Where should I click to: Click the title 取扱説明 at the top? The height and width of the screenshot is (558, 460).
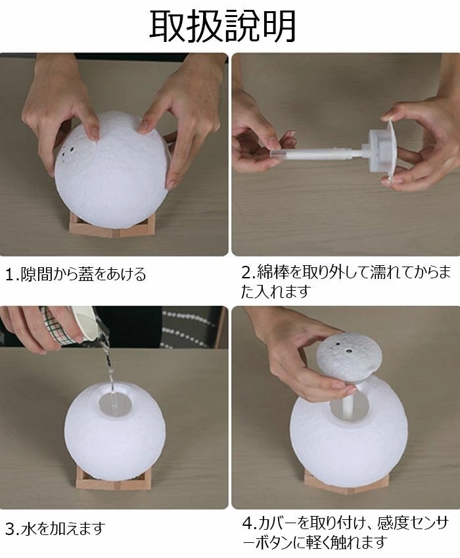(x=223, y=26)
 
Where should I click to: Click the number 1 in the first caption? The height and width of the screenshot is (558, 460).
(x=10, y=274)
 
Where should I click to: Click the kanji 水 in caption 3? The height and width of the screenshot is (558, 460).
(x=29, y=529)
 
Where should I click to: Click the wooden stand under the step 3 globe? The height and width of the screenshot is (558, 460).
(x=112, y=477)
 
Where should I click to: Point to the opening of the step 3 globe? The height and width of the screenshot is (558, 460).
(x=115, y=404)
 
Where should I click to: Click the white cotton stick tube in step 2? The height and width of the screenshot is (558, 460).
(x=317, y=154)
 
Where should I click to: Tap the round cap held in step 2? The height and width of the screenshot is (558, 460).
(x=386, y=151)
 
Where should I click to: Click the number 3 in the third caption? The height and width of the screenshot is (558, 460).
(x=11, y=530)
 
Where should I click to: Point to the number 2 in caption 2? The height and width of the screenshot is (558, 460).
(x=246, y=273)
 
